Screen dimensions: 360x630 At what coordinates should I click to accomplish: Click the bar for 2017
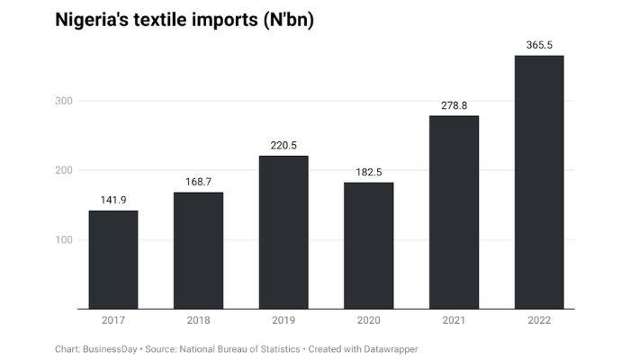pyautogui.click(x=113, y=260)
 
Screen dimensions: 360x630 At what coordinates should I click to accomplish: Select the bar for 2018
pyautogui.click(x=198, y=251)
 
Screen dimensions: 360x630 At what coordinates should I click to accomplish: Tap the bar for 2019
pyautogui.click(x=283, y=232)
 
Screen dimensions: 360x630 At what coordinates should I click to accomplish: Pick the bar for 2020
pyautogui.click(x=368, y=246)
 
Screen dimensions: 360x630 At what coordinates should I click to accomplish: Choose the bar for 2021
pyautogui.click(x=454, y=212)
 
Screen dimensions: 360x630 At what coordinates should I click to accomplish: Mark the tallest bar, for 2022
pyautogui.click(x=538, y=183)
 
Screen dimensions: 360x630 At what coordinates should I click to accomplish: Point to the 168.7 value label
pyautogui.click(x=198, y=182)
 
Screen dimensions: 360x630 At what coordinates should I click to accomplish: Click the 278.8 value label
pyautogui.click(x=454, y=105)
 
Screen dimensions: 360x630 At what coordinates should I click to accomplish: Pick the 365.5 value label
pyautogui.click(x=538, y=45)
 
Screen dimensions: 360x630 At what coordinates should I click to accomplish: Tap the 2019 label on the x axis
pyautogui.click(x=283, y=320)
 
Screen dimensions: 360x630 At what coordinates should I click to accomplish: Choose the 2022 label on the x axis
pyautogui.click(x=538, y=320)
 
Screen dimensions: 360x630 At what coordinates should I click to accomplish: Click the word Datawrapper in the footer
pyautogui.click(x=388, y=348)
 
